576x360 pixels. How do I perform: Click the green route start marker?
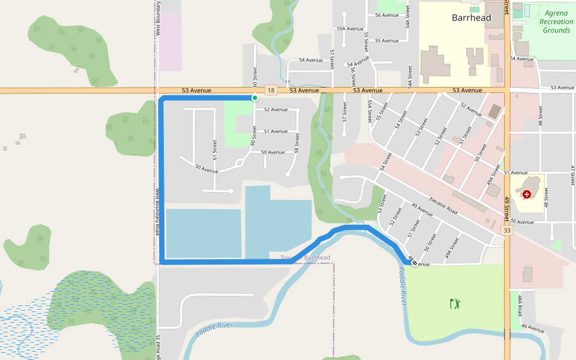(x=255, y=98)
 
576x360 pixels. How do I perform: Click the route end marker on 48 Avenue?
(x=414, y=263)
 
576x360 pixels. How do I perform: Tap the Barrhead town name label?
(x=471, y=18)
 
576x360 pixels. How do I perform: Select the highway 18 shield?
(x=271, y=90)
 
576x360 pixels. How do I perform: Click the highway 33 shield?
(x=508, y=230)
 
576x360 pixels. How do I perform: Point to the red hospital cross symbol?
(x=527, y=194)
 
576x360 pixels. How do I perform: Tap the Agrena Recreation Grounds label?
(x=555, y=22)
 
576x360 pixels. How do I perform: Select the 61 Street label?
(x=214, y=149)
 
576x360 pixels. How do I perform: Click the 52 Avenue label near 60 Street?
(x=275, y=110)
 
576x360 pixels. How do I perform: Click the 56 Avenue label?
(x=386, y=15)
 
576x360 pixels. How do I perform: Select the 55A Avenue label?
(x=350, y=28)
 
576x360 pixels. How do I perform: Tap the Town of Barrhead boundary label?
(x=305, y=258)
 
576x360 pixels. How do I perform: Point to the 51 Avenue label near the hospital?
(x=514, y=173)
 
